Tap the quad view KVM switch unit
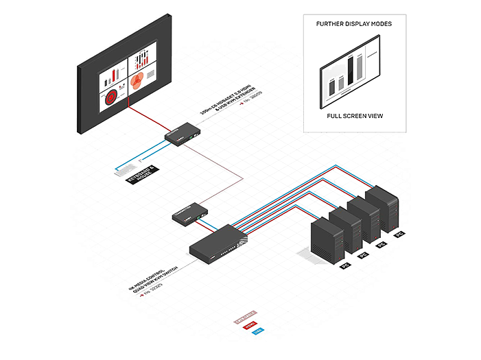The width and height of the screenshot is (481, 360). coord(218,245)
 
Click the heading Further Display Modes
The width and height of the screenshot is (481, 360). coord(354,24)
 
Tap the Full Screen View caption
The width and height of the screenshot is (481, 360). coord(354,117)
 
